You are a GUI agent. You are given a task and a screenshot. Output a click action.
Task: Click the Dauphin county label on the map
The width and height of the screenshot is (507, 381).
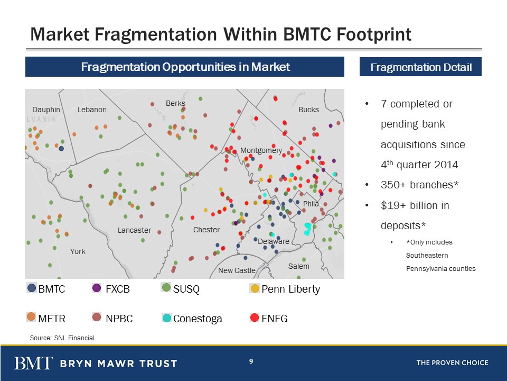[46, 110]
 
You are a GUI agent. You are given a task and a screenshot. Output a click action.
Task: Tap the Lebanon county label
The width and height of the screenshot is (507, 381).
[92, 110]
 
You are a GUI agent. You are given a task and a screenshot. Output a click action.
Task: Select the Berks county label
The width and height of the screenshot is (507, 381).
[175, 103]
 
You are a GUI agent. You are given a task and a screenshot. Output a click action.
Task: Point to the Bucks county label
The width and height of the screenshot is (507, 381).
[308, 110]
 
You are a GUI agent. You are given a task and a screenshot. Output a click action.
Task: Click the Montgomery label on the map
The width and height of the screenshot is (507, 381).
[261, 150]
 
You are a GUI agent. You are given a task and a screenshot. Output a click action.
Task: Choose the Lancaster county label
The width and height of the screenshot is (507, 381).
[134, 230]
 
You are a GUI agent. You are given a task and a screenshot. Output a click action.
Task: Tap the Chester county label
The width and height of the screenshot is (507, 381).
[206, 230]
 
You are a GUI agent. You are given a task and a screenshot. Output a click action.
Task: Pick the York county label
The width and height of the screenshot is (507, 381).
[78, 251]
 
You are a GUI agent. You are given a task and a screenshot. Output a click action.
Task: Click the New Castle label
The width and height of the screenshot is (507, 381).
[237, 270]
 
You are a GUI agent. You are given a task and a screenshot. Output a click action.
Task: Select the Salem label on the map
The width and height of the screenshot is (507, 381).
[298, 266]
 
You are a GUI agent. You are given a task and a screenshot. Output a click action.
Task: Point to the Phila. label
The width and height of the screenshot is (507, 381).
[312, 204]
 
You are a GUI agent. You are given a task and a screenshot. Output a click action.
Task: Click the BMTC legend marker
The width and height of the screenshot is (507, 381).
[32, 288]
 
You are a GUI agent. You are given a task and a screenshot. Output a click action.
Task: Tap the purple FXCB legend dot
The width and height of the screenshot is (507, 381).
[97, 288]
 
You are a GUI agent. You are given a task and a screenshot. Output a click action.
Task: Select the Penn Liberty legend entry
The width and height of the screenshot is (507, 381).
[285, 289]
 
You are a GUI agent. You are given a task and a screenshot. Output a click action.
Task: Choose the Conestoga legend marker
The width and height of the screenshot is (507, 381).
[167, 318]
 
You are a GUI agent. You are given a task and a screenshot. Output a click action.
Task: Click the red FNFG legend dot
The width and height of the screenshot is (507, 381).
[255, 318]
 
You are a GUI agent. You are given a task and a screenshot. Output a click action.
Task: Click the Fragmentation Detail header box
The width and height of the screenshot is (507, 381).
[420, 67]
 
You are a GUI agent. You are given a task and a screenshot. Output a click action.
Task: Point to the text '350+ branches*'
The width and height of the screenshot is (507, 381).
[420, 185]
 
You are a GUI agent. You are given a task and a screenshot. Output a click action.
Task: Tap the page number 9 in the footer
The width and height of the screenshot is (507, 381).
[251, 361]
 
